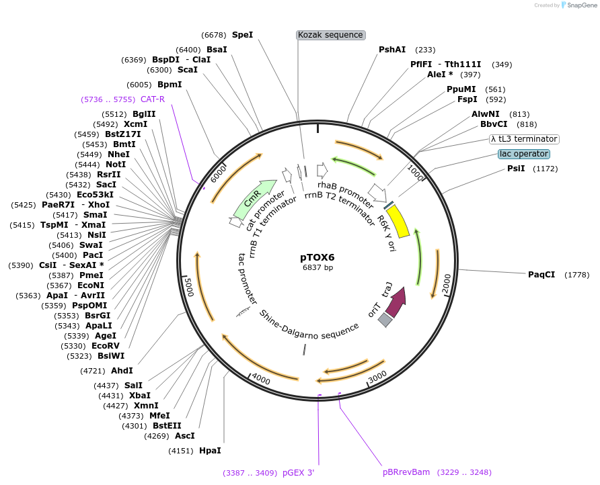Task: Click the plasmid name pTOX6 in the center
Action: [317, 257]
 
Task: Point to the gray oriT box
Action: [385, 320]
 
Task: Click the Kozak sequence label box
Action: [330, 35]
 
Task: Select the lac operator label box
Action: [524, 154]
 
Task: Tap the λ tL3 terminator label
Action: [524, 139]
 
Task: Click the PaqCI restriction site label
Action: [541, 274]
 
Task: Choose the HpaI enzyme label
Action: [210, 450]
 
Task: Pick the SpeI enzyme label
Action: [242, 34]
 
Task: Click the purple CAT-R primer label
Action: [152, 99]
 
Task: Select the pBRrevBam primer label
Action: [406, 472]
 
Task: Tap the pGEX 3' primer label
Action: [298, 472]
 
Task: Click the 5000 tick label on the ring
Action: [189, 288]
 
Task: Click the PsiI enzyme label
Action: [516, 169]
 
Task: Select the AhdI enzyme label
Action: [122, 370]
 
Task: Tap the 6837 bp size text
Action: [317, 268]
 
